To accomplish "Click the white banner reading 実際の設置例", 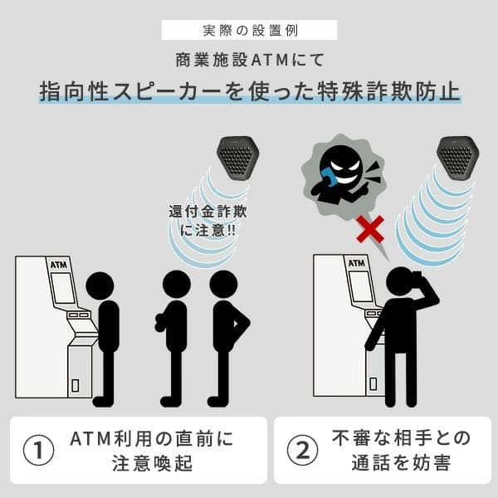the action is [249, 30].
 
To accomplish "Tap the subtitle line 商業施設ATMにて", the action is [250, 60].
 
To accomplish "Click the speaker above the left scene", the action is [237, 158].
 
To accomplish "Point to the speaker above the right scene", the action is [457, 158].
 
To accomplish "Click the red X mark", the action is [370, 228].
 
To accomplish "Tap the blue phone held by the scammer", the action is [330, 178].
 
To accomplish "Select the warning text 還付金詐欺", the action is [208, 212].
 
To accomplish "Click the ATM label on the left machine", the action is [59, 265].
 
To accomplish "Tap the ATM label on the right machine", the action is [356, 263].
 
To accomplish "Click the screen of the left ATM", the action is [63, 288].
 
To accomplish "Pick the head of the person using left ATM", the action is [100, 286].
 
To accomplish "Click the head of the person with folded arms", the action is [177, 285].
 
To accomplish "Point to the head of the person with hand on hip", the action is [223, 285].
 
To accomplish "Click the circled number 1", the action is [39, 450].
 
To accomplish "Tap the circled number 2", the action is [302, 450].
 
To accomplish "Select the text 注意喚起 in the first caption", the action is [152, 463].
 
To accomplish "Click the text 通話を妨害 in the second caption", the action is [401, 462].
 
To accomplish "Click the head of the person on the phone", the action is [401, 281].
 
